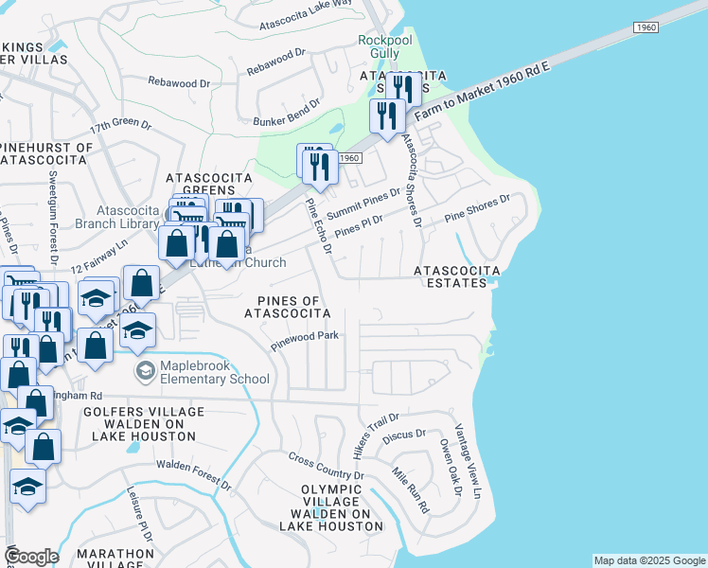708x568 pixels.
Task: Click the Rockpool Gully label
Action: [x=386, y=47]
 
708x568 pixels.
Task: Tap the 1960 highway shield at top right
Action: [x=646, y=30]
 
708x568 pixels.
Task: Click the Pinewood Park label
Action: [x=305, y=335]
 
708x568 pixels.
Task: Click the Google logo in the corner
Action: [x=31, y=557]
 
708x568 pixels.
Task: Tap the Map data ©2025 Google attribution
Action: [x=648, y=560]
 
